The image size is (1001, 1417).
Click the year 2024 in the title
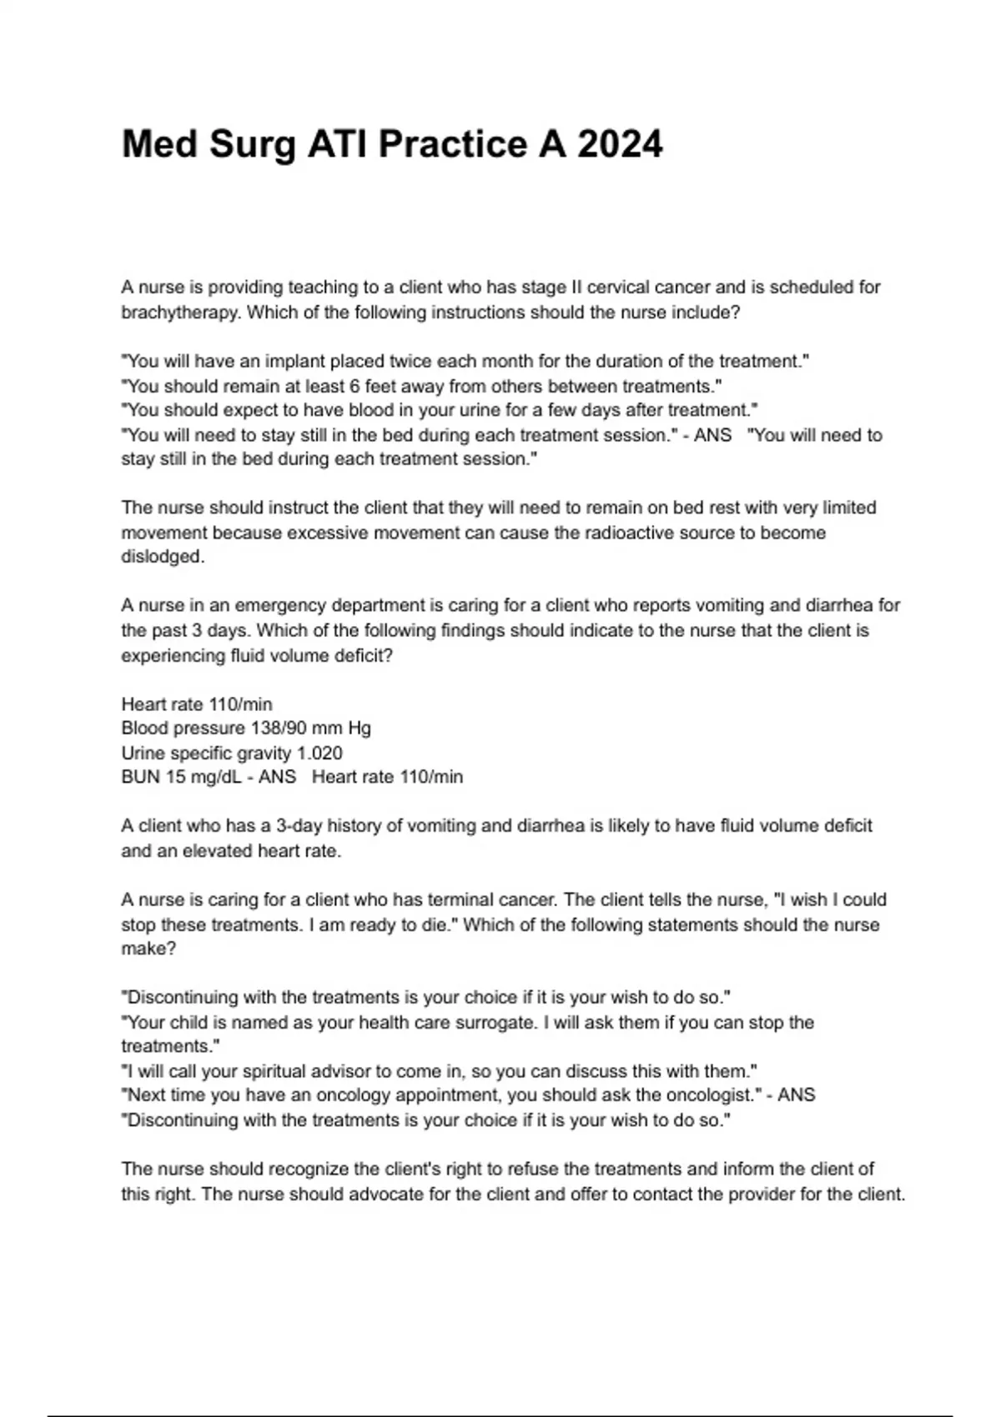620,144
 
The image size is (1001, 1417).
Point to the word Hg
360,729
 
